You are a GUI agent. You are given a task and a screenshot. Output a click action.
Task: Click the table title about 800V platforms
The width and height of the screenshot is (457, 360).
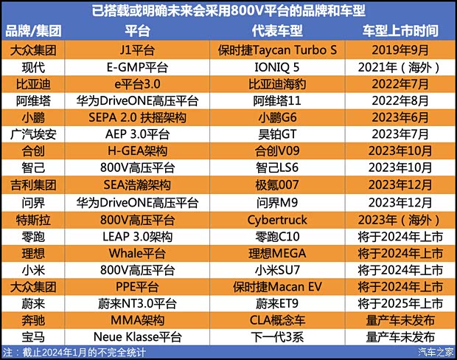[228, 11]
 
